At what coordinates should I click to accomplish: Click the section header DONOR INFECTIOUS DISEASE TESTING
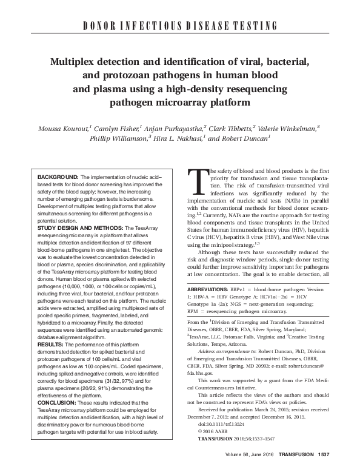tap(181, 25)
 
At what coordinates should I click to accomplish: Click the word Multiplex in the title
tap(78, 62)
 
